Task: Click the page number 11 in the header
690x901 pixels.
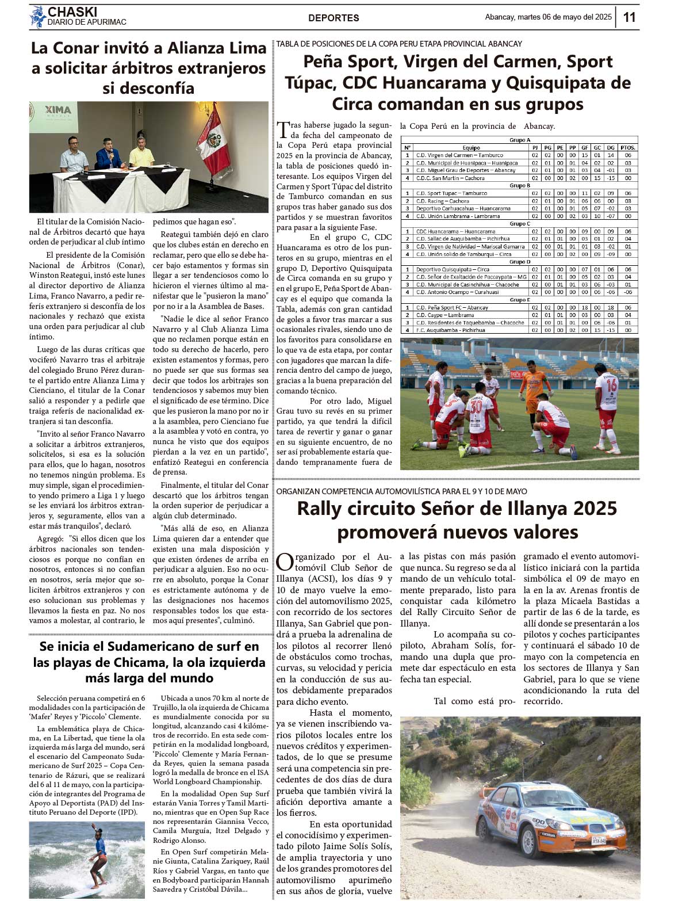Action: pos(629,17)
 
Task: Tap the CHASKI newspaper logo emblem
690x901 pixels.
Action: pos(38,17)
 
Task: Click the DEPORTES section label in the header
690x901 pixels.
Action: pos(333,18)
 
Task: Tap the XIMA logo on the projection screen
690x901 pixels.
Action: pos(58,110)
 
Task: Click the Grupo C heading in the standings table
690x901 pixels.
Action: pos(520,224)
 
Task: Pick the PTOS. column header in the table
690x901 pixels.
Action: pos(628,148)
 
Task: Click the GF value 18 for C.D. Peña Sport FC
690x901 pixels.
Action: pos(584,308)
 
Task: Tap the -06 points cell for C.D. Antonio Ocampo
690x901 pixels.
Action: pos(628,292)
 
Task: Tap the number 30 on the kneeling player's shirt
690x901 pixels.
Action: pos(476,406)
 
